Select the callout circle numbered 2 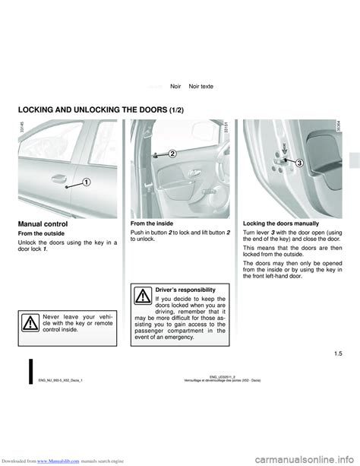point(172,153)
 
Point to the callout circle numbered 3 point(299,162)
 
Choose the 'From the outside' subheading point(44,234)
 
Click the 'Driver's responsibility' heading point(190,290)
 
